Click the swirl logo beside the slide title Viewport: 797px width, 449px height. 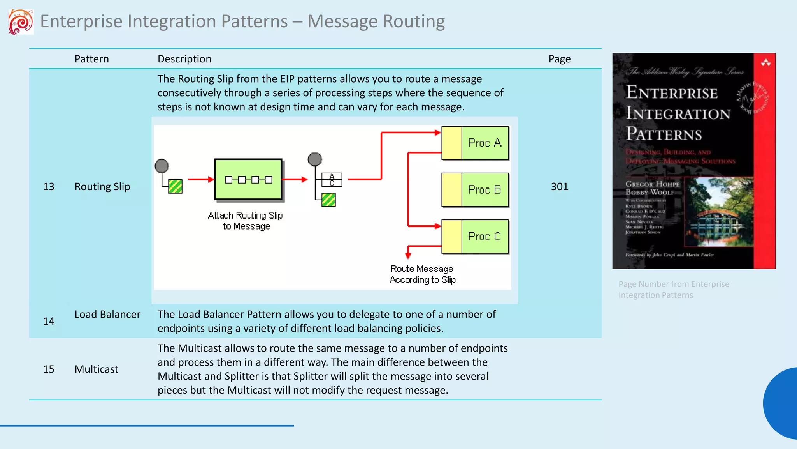[21, 22]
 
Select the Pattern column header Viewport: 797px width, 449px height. [91, 59]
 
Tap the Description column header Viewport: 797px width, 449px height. [184, 59]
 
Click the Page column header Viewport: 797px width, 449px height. [559, 59]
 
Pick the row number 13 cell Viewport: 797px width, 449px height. [49, 187]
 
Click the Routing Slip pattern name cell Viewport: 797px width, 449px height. [102, 187]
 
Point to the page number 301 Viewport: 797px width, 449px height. [559, 187]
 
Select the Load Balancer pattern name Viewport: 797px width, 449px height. [107, 315]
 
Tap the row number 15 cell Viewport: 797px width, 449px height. [49, 369]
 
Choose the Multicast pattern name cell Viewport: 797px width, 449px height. [96, 369]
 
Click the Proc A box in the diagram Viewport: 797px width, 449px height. [475, 143]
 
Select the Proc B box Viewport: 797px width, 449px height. [475, 190]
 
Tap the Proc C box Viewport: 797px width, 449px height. [475, 237]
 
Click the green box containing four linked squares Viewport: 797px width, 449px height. [248, 179]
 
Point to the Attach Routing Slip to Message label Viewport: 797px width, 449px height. [246, 221]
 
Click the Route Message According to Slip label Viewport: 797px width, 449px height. [423, 274]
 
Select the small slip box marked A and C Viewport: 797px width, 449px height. [332, 180]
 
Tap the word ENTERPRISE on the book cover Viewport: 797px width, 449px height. [672, 93]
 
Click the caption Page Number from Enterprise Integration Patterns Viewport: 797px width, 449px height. [674, 290]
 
